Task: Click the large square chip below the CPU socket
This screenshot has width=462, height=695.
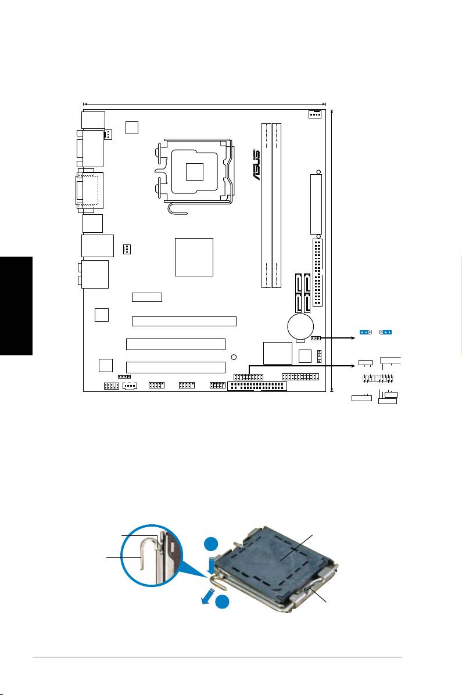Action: [x=194, y=257]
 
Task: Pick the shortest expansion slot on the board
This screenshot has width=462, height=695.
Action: [x=147, y=297]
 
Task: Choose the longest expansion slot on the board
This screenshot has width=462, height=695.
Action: [x=184, y=321]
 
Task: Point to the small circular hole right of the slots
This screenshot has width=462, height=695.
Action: [x=233, y=357]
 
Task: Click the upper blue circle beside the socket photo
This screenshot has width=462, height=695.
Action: [x=211, y=545]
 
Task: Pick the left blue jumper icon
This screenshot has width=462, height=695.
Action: [x=366, y=332]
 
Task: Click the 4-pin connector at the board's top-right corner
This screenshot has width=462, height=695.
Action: [x=314, y=114]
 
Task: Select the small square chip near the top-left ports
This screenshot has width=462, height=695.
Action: [x=132, y=127]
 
